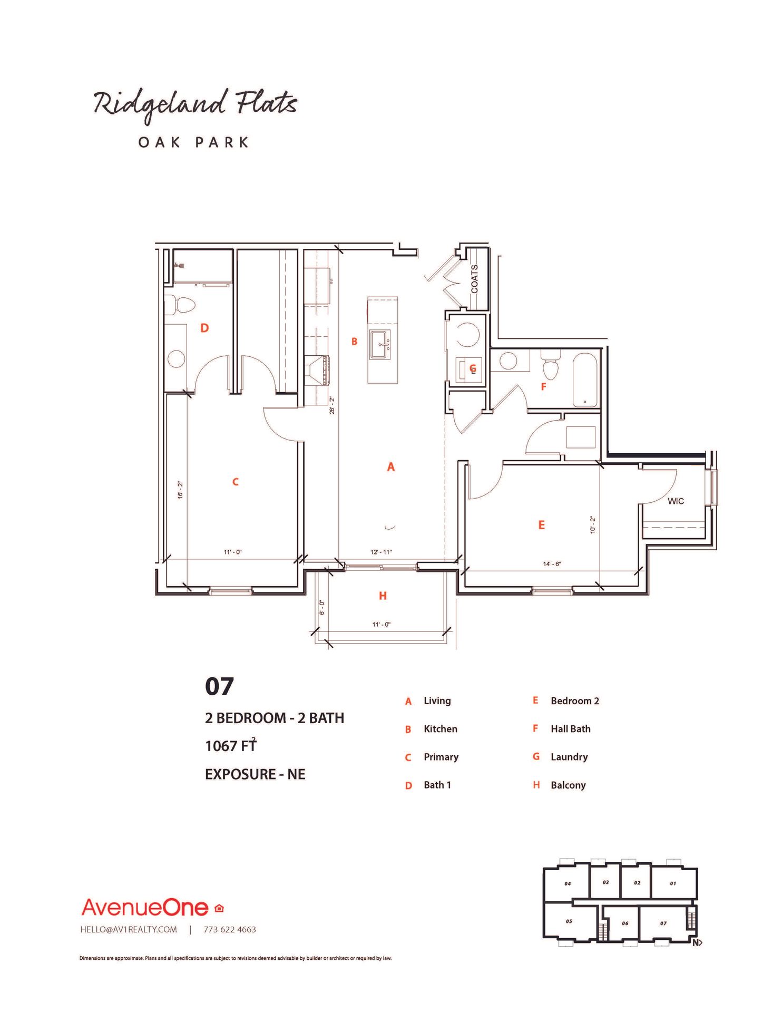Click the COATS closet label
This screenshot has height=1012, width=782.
pos(474,279)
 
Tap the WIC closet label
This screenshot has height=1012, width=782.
pos(676,501)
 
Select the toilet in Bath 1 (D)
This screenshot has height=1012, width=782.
pos(180,305)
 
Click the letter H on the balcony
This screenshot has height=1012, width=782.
pos(383,596)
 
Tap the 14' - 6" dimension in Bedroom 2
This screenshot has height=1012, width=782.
pos(552,564)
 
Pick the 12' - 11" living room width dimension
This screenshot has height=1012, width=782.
pos(381,552)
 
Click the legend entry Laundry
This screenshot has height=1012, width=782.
pos(569,757)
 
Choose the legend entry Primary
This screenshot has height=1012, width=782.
pos(441,757)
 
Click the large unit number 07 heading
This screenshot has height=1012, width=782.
pos(219,686)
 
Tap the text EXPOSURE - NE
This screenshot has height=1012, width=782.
pos(255,774)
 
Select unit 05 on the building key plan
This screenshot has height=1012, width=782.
pos(569,921)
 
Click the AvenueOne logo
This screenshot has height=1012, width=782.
pos(145,907)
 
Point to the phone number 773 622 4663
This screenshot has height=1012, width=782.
pos(230,930)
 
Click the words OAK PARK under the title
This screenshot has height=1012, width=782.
pos(193,142)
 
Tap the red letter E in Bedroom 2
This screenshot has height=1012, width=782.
pos(541,525)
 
